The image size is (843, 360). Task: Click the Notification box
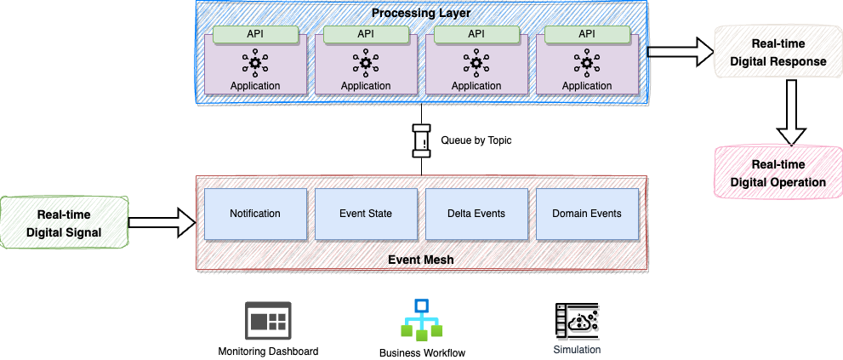[x=255, y=214]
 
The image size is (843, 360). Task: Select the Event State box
[x=366, y=214]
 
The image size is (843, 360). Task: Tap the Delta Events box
[x=476, y=214]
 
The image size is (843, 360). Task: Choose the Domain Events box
[x=587, y=214]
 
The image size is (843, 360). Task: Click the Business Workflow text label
[x=422, y=352]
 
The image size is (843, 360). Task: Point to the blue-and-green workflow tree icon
[x=422, y=320]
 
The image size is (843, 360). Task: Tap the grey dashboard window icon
[x=268, y=321]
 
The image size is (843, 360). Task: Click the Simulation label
[x=577, y=350]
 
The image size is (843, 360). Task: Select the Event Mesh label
[x=420, y=260]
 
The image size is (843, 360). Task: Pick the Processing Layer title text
[x=420, y=13]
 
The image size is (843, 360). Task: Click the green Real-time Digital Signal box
[x=65, y=222]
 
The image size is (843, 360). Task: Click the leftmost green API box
[x=255, y=34]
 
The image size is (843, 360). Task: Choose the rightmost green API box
[x=587, y=34]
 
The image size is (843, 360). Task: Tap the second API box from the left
[x=366, y=34]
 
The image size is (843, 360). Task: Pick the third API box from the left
[x=476, y=34]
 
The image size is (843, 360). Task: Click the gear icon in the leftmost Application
[x=255, y=62]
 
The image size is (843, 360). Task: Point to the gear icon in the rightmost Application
[x=587, y=62]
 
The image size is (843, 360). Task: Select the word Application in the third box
[x=476, y=86]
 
